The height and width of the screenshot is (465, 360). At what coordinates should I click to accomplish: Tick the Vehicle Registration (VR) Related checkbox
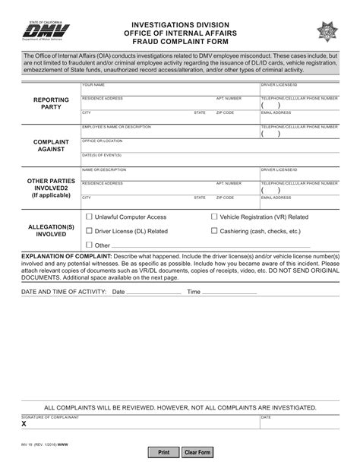[x=213, y=217]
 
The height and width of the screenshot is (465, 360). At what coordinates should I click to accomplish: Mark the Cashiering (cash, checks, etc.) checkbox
[x=213, y=231]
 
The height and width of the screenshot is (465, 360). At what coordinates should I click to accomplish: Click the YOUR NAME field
[x=169, y=90]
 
